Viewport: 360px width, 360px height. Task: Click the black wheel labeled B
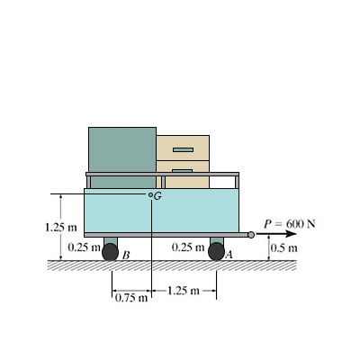[x=110, y=252]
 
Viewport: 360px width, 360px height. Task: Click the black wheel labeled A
[x=216, y=251]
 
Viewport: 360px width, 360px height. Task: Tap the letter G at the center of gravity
[x=157, y=196]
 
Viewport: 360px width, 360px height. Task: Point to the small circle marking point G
[x=150, y=194]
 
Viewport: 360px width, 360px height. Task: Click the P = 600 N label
[x=290, y=224]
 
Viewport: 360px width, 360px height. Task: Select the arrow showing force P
[x=276, y=234]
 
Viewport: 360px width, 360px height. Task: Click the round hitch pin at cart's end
[x=251, y=235]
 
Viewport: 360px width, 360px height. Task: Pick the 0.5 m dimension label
[x=284, y=248]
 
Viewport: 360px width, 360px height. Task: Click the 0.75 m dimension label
[x=131, y=298]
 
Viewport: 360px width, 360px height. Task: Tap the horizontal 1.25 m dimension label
[x=183, y=291]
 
